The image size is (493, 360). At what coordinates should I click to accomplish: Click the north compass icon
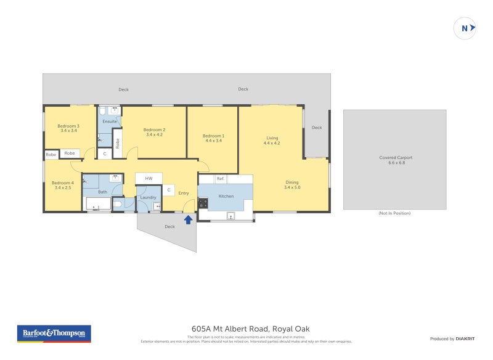[465, 28]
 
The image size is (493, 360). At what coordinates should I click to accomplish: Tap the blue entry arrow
[188, 219]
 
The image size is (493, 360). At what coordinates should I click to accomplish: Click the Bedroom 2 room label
[154, 129]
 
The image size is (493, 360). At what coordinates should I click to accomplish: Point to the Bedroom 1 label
[214, 136]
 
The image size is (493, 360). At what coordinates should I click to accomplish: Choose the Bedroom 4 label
[62, 182]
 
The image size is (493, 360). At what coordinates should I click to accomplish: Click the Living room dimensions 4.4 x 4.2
[272, 143]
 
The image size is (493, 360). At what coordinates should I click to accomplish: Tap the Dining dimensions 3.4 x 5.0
[291, 187]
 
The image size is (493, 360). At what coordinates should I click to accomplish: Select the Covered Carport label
[396, 157]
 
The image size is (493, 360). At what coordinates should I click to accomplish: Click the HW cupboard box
[149, 178]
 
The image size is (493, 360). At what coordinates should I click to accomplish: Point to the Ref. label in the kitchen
[220, 179]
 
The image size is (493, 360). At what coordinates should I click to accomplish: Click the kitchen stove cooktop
[203, 202]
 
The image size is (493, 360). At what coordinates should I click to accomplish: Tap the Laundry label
[148, 197]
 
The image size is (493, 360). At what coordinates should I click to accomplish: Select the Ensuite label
[110, 121]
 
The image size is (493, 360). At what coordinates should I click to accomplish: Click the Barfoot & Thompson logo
[53, 333]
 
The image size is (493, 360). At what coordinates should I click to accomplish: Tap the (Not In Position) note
[394, 213]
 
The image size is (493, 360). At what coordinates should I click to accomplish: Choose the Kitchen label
[226, 196]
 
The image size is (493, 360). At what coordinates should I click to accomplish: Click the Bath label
[102, 192]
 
